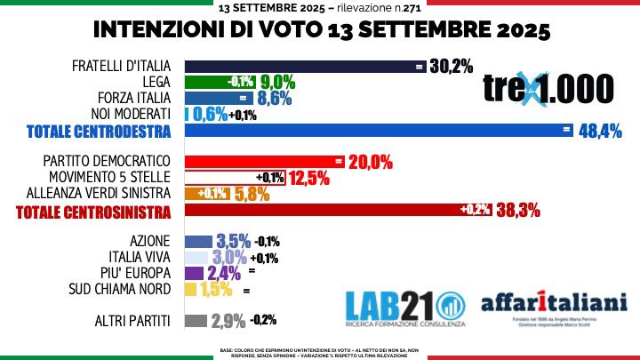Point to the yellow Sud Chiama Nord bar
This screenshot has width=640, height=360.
pos(189,289)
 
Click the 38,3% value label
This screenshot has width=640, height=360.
pos(519,210)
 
